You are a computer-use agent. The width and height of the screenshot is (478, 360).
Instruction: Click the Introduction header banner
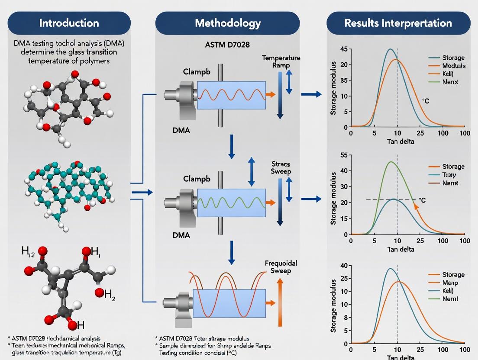click(69, 23)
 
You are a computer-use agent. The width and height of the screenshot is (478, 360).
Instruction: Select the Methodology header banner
click(228, 23)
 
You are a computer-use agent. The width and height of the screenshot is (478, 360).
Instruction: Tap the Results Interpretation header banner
click(398, 23)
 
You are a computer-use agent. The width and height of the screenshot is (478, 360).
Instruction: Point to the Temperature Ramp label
click(281, 62)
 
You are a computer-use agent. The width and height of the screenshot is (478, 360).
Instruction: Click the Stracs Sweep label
click(281, 168)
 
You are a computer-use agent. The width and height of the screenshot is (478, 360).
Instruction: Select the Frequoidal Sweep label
click(278, 267)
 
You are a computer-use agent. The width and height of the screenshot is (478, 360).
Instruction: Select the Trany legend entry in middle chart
click(449, 175)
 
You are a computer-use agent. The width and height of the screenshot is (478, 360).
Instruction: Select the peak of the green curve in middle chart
click(391, 162)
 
